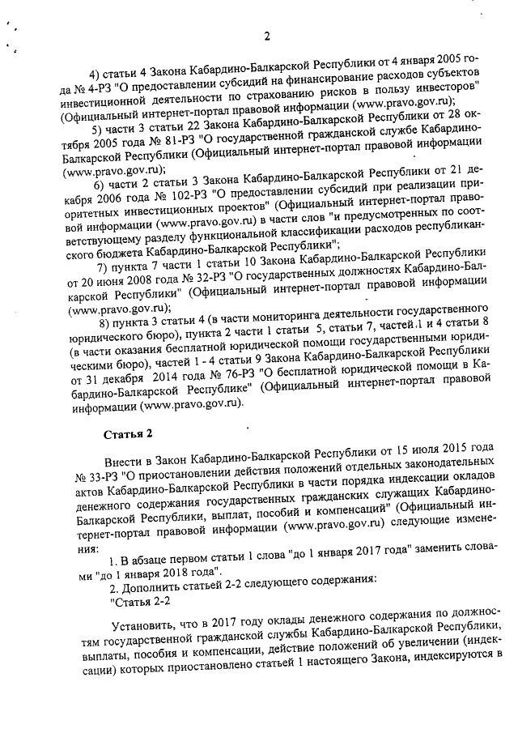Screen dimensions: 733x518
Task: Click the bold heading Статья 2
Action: point(127,434)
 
